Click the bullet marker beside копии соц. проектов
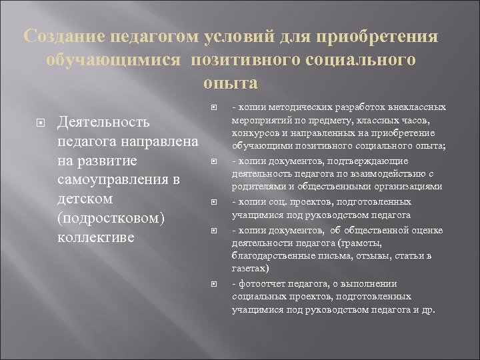[214, 201]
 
